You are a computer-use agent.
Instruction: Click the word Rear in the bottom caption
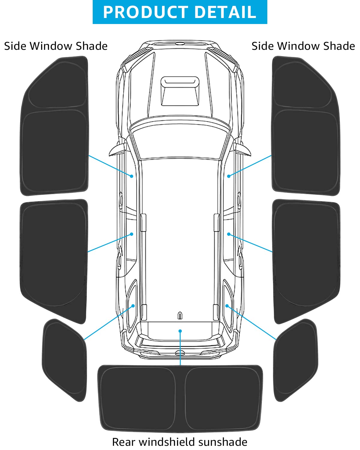[124, 442]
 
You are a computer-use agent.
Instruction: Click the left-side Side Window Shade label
[56, 46]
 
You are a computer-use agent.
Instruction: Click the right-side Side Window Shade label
[303, 46]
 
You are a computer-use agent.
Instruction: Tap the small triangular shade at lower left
[64, 358]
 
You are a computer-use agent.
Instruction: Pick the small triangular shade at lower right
[296, 358]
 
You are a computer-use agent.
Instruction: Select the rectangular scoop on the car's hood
[180, 91]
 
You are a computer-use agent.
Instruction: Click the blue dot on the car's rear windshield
[180, 331]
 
